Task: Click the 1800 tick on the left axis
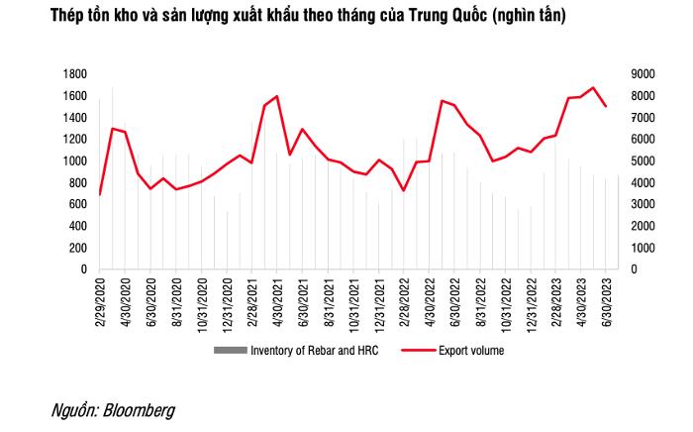[x=73, y=74]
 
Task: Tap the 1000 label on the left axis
[x=73, y=162]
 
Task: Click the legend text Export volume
[x=473, y=350]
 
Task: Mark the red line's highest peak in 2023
[x=593, y=88]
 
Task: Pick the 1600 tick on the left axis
[x=73, y=96]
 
